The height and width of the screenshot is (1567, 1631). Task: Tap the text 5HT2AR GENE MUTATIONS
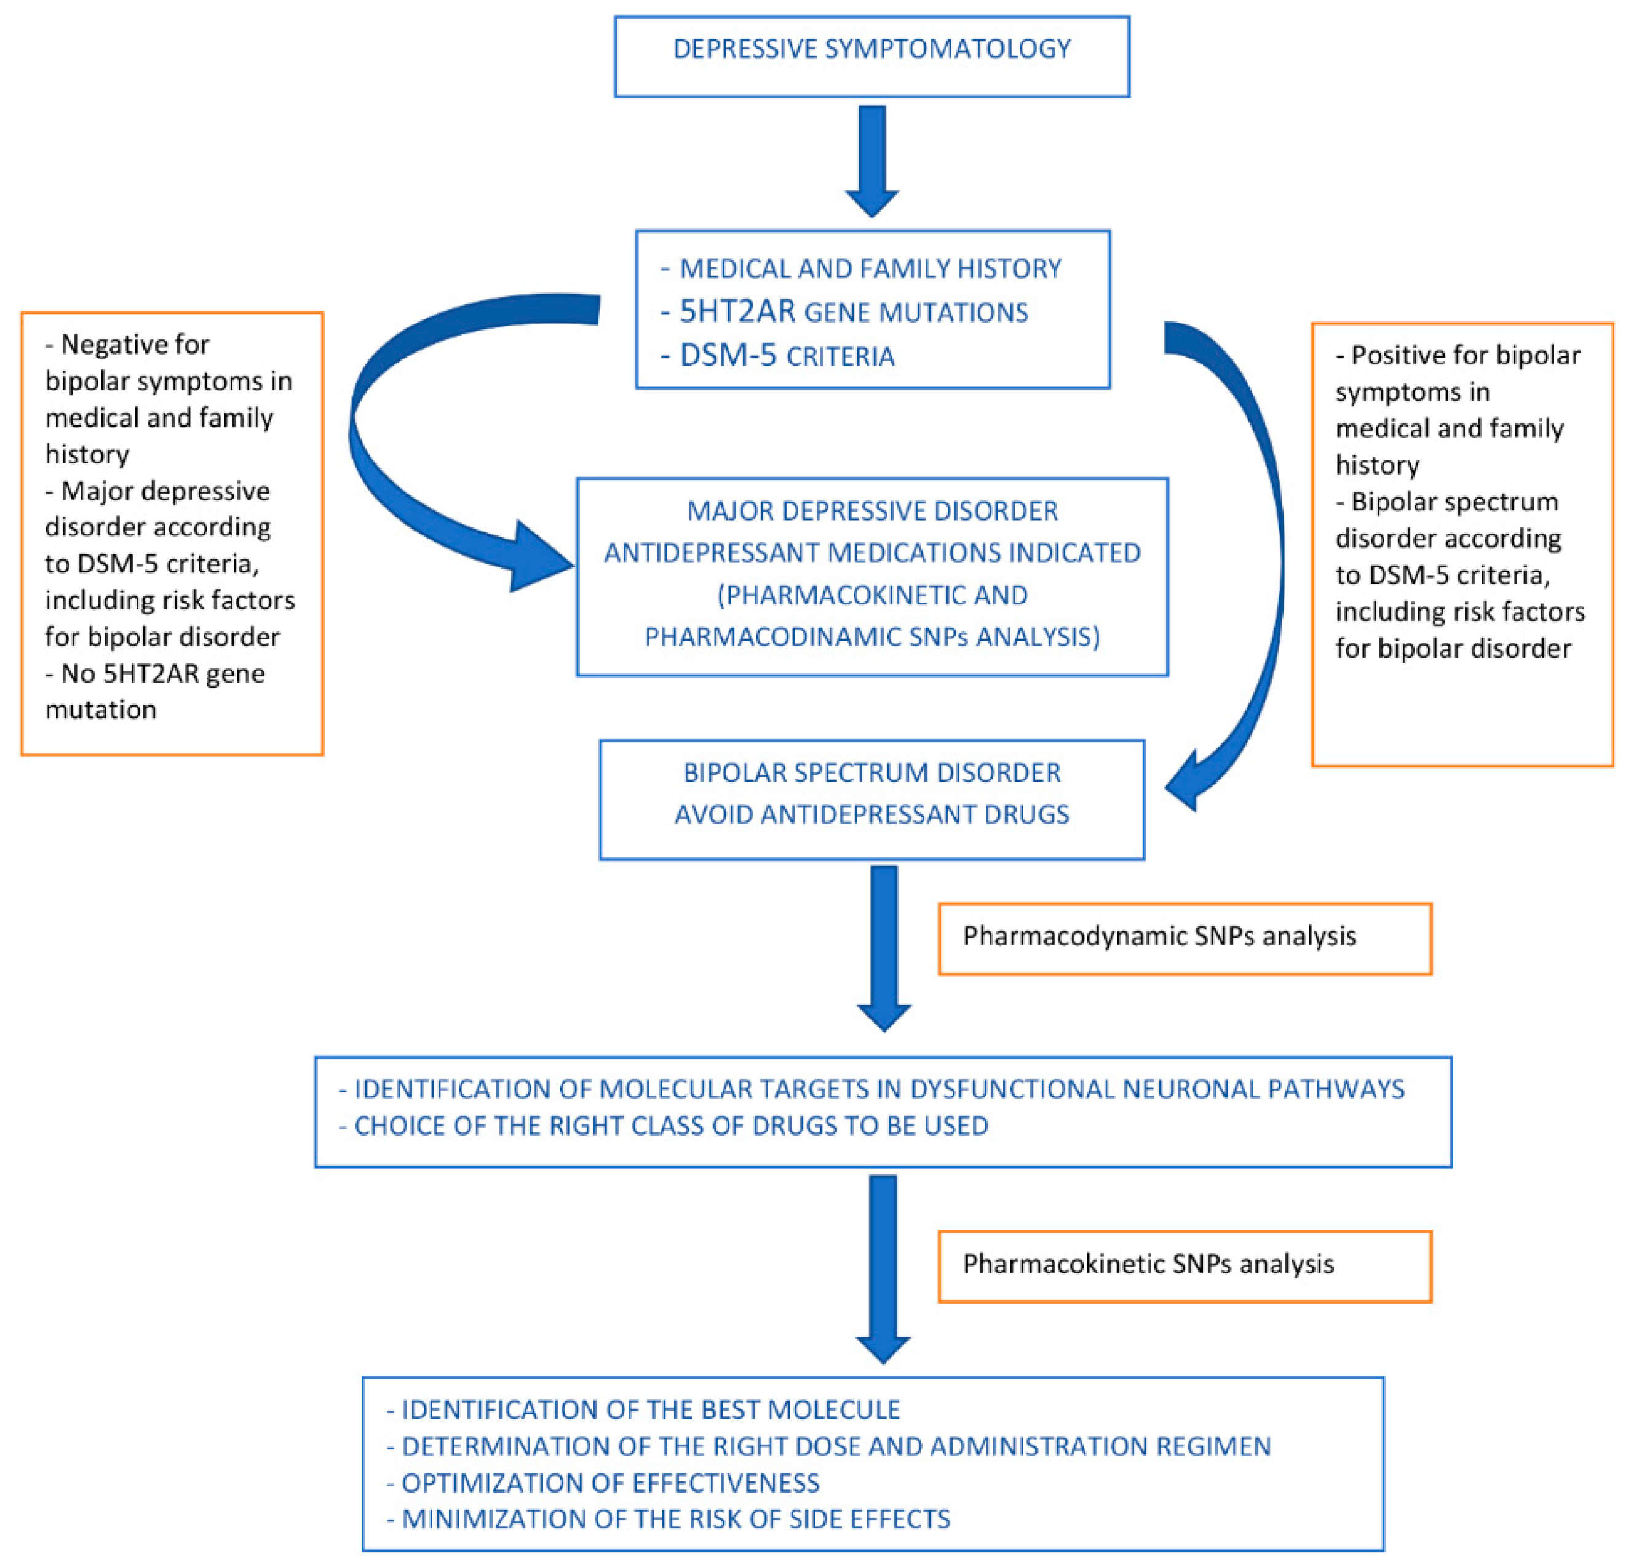coord(853,312)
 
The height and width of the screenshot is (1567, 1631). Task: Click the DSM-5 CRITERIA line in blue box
coord(787,356)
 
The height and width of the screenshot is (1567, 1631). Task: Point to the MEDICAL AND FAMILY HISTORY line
coord(870,269)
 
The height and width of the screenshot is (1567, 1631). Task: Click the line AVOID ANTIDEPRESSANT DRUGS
coord(871,814)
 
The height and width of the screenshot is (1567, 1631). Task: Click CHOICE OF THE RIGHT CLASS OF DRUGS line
coord(671,1126)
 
